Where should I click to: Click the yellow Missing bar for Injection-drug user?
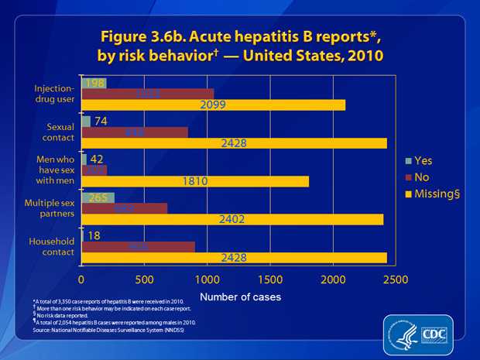point(213,105)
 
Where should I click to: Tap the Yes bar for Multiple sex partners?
point(98,197)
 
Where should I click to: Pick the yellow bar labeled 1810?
point(194,181)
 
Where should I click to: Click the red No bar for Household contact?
point(138,246)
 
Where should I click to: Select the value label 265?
point(97,197)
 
